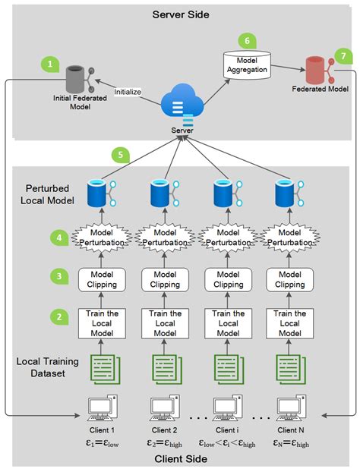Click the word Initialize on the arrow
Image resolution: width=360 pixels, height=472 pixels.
[128, 93]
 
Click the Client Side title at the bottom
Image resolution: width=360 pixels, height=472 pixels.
[181, 460]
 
